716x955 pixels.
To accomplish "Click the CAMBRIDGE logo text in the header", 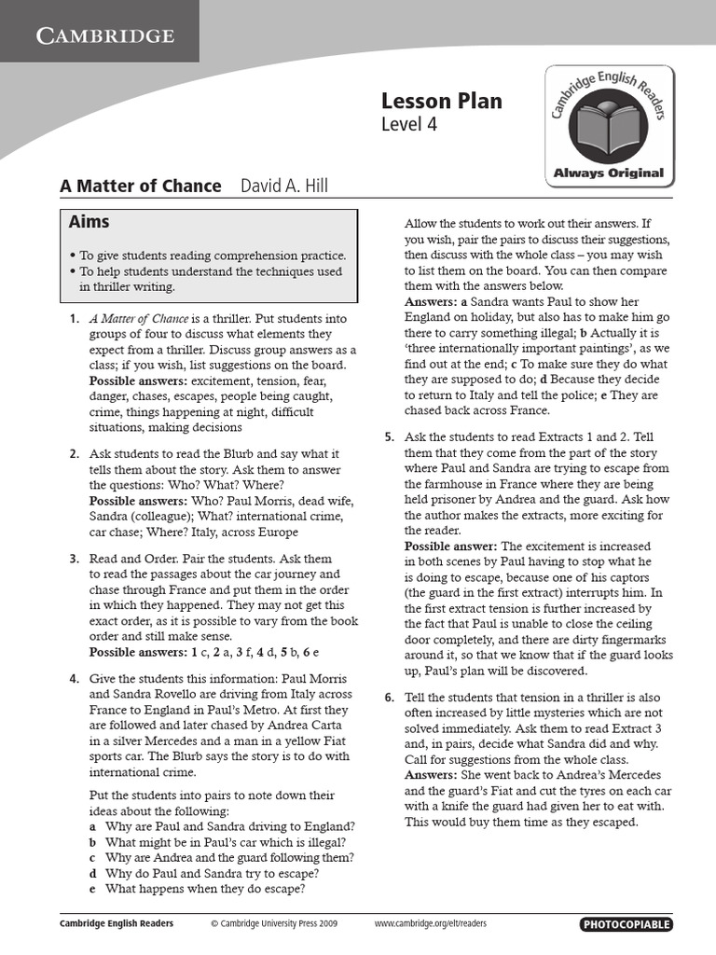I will tap(104, 36).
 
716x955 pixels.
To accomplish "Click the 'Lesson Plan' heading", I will tap(441, 101).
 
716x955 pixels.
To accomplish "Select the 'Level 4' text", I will tap(408, 125).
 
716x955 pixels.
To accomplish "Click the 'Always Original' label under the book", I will tap(608, 173).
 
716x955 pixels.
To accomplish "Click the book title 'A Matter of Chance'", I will tap(141, 186).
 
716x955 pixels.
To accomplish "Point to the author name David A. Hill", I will tap(284, 186).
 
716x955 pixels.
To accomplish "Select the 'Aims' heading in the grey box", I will tap(89, 222).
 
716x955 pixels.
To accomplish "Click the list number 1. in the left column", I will tap(74, 319).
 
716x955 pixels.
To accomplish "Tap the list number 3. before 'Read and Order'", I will tap(74, 559).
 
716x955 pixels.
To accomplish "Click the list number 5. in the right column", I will tap(390, 437).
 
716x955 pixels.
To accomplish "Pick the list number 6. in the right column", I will tap(390, 698).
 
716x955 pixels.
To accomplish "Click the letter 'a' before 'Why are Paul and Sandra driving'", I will tap(92, 826).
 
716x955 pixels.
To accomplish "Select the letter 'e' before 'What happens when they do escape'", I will tap(92, 889).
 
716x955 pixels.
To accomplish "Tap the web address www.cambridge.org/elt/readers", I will tap(430, 924).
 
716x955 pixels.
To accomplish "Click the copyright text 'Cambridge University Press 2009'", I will tap(274, 924).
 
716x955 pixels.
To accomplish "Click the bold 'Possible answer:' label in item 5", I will tap(451, 546).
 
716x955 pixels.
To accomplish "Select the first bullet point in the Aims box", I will tap(73, 256).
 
